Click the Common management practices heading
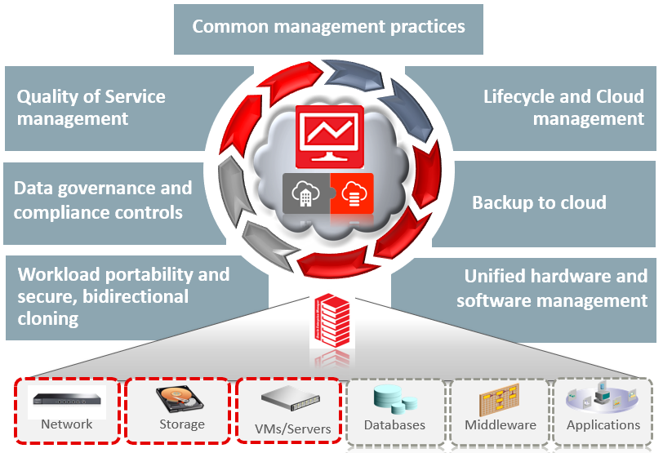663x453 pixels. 328,26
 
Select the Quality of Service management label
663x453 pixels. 91,108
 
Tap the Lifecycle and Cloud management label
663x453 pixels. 563,108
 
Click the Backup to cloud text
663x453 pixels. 539,202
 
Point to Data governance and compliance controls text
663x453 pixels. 103,200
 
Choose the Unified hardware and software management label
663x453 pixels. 552,288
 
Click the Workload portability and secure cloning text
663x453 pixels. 123,295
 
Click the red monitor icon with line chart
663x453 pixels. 329,134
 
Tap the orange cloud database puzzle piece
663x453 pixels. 352,194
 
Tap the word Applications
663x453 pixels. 603,425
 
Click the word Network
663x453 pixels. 67,424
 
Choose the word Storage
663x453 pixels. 181,424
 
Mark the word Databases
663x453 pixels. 394,425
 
